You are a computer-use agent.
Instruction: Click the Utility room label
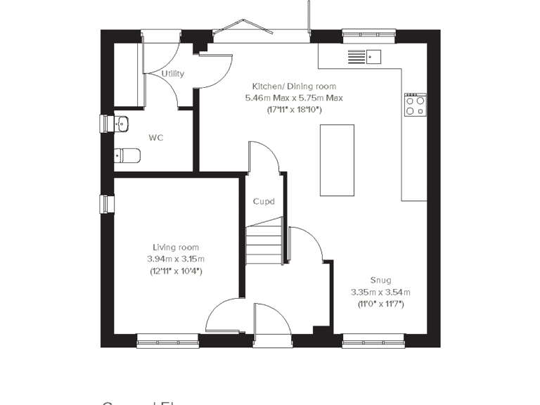tap(172, 74)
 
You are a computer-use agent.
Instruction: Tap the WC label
tap(155, 138)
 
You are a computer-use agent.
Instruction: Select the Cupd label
tap(264, 202)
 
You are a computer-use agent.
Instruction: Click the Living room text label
tap(176, 247)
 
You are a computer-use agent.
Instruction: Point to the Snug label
tap(380, 280)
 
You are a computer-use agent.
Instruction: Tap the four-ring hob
tap(416, 105)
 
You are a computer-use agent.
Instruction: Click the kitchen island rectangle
tap(337, 160)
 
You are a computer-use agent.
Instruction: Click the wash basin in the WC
tap(120, 124)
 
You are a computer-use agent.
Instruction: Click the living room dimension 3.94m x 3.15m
tap(176, 259)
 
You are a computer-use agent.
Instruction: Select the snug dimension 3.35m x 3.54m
tap(380, 292)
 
